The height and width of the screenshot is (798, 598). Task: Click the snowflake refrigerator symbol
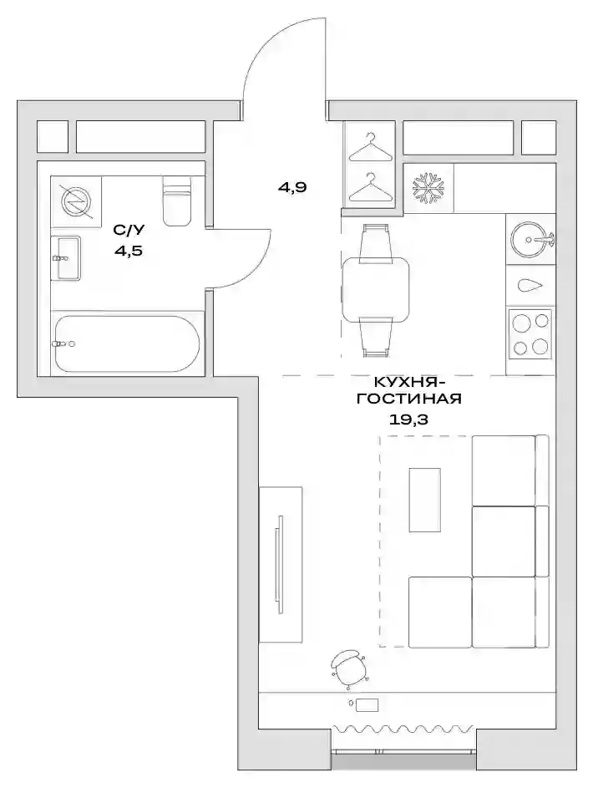tap(427, 187)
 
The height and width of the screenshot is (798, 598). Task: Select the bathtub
tap(127, 344)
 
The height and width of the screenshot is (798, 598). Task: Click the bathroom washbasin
tap(67, 258)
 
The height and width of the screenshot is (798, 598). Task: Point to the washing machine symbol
tap(76, 201)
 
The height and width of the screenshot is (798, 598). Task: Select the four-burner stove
tap(530, 334)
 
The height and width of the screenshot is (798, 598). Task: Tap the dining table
tap(376, 289)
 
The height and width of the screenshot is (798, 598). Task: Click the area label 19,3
tap(408, 419)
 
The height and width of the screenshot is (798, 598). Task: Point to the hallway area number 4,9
tap(291, 187)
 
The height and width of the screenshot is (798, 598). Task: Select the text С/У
tap(129, 230)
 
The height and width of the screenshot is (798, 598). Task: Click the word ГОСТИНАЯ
tap(409, 399)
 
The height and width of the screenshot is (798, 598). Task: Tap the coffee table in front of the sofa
tap(424, 500)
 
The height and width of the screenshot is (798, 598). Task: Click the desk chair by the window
tap(349, 668)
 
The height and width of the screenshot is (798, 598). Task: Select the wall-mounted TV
tap(279, 564)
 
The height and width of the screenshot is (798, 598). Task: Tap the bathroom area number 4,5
tap(128, 251)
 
